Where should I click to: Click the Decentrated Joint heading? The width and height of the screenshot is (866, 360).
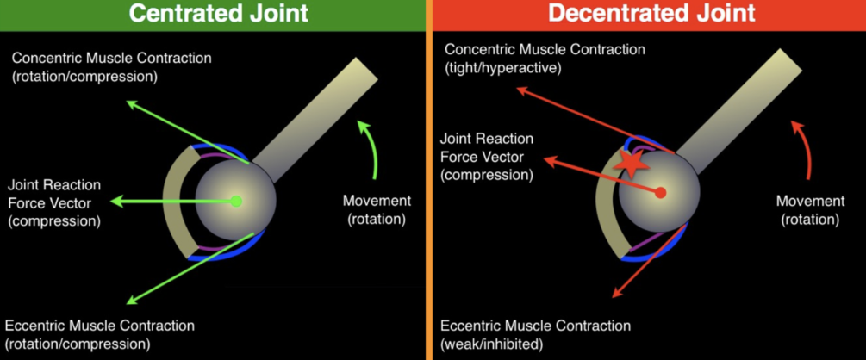click(651, 13)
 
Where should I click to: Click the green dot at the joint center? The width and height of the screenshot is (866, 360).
click(236, 202)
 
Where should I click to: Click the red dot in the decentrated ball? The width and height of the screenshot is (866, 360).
click(660, 193)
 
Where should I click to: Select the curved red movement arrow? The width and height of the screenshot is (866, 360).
click(801, 146)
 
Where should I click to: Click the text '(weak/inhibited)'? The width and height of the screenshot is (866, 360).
click(492, 344)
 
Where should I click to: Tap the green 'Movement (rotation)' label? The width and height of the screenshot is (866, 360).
click(377, 209)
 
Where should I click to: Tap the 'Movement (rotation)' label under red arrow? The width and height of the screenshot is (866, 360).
click(810, 209)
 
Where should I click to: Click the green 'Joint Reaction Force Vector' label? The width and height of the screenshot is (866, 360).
click(53, 202)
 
